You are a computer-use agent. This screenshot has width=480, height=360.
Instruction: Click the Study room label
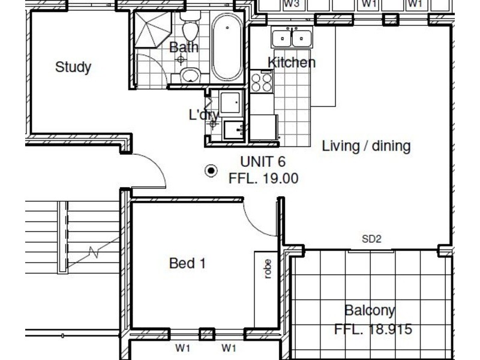pos(73,67)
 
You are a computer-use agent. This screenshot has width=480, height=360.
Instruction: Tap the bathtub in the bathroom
pos(227,47)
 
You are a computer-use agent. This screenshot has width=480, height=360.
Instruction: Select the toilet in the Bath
pos(190,26)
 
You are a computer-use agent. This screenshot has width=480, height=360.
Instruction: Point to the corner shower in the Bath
pos(152,29)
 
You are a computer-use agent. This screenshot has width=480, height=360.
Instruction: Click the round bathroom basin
pos(190,76)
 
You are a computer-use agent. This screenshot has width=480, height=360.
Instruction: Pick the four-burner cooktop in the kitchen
pos(261,82)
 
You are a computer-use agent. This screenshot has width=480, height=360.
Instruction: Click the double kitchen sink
pos(292,38)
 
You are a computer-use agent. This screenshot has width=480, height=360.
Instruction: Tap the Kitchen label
pos(292,62)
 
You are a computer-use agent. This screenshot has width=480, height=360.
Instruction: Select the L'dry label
pos(204,115)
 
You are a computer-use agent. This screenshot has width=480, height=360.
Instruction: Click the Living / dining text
pos(366,146)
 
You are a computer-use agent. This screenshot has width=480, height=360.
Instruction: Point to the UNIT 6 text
pos(263,161)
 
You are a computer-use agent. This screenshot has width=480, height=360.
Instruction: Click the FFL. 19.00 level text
pos(263,178)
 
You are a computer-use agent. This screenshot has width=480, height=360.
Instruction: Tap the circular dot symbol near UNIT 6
pos(211,171)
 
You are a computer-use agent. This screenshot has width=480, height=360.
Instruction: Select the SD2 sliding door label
pos(371,239)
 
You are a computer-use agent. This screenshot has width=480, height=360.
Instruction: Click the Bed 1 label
pos(187,263)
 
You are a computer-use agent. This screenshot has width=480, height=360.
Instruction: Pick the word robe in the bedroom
pos(267,269)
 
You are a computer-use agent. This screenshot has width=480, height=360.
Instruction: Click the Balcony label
pos(370,311)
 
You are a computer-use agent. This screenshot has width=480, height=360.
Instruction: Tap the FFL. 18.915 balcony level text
pos(373,329)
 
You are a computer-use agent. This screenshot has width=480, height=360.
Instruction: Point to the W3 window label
pos(292,4)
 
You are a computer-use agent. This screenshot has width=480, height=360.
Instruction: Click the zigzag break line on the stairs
pos(94,252)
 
